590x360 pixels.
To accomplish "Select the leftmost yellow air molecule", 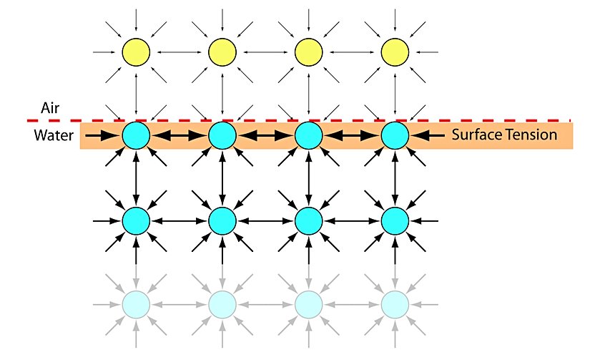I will [136, 52].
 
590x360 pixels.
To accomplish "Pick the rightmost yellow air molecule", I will [393, 52].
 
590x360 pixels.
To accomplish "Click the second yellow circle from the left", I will [222, 52].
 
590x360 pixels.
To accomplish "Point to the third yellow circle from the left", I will [308, 52].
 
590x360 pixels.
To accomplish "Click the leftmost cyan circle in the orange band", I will [136, 135].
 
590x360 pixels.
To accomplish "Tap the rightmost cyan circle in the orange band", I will [393, 135].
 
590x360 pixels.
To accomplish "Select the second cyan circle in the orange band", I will [222, 135].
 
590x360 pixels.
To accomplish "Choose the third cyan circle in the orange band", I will [308, 135].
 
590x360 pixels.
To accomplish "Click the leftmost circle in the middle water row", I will [136, 220].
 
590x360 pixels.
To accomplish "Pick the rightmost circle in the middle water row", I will [393, 220].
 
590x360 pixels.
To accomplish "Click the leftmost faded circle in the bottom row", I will [136, 304].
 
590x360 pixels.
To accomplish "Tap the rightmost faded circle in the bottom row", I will [393, 304].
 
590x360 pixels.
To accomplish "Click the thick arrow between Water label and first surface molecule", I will [108, 135].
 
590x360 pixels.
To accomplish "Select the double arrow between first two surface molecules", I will [179, 135].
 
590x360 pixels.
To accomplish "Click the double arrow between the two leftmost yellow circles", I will [179, 52].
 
